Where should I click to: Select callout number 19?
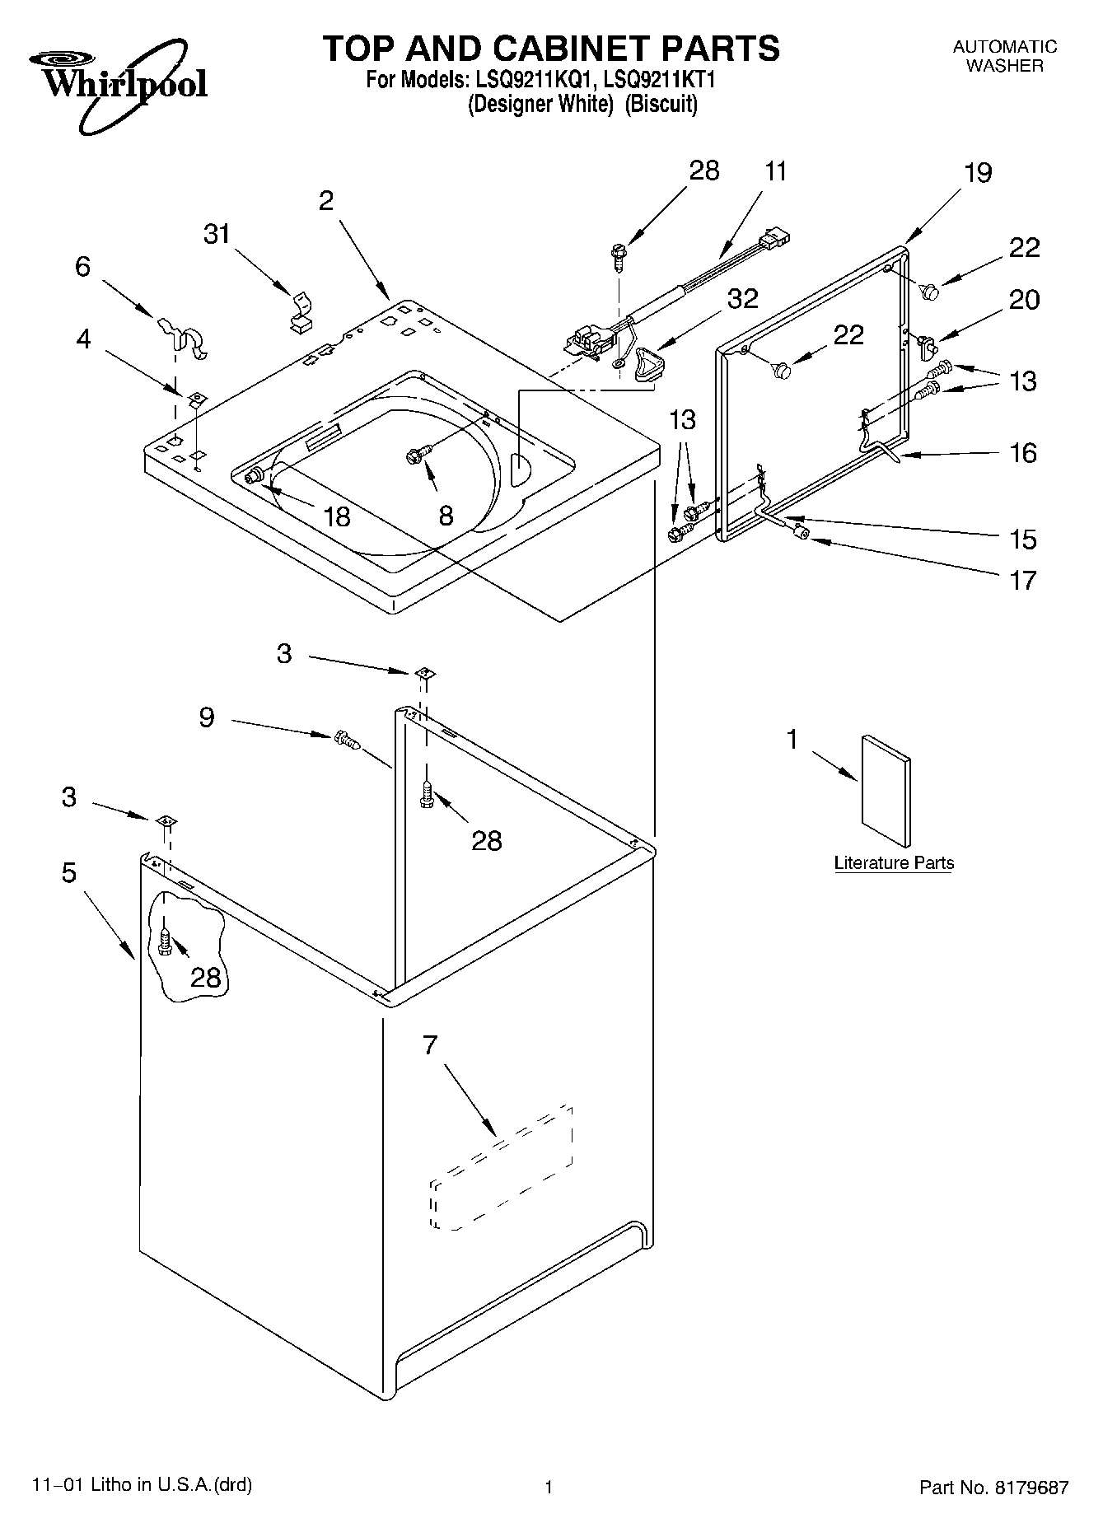click(x=978, y=173)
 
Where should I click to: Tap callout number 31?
click(x=217, y=235)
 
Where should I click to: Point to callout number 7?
click(x=429, y=1045)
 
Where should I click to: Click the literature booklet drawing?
click(x=886, y=791)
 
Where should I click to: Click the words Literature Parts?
click(x=894, y=863)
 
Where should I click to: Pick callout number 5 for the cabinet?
click(x=69, y=872)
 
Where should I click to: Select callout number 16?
click(x=1023, y=452)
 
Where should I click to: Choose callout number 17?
click(x=1023, y=580)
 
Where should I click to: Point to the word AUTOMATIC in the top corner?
click(x=1004, y=47)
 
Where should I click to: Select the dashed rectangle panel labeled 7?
click(x=501, y=1168)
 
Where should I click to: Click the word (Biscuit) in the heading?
click(x=661, y=105)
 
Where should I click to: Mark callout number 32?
click(x=742, y=298)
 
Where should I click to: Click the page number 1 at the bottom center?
click(x=548, y=1487)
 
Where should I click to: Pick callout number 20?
click(x=1024, y=300)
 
